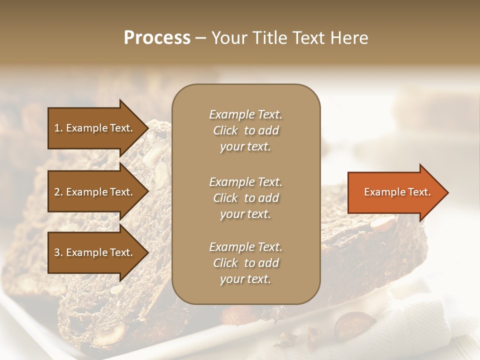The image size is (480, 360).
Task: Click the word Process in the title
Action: pyautogui.click(x=157, y=38)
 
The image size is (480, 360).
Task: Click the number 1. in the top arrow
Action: pyautogui.click(x=58, y=128)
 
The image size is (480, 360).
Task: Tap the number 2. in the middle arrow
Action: pyautogui.click(x=58, y=192)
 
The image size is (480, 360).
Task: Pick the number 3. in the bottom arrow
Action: pyautogui.click(x=58, y=252)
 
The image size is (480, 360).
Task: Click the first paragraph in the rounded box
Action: pyautogui.click(x=245, y=130)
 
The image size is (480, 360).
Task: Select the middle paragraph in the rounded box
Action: pyautogui.click(x=245, y=198)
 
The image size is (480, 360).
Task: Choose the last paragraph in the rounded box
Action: pyautogui.click(x=245, y=263)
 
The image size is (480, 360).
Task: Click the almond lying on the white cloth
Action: pyautogui.click(x=353, y=327)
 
